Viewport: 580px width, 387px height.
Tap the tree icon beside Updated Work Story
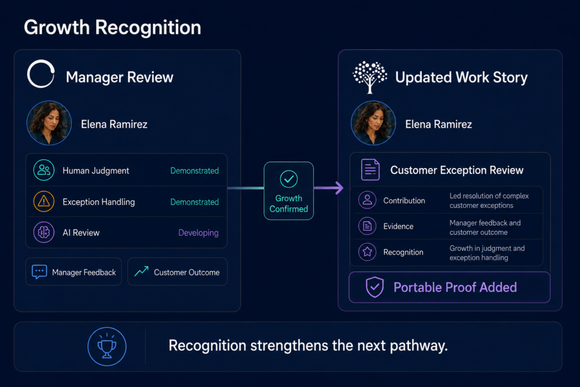369,77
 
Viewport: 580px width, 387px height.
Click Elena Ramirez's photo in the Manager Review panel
49,123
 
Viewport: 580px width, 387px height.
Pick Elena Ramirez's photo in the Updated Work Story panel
373,123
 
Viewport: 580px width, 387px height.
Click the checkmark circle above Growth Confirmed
288,179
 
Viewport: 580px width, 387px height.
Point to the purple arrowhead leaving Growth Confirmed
338,188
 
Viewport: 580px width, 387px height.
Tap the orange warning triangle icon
44,201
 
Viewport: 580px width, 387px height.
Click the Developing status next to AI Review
198,233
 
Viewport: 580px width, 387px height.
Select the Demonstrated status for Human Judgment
195,171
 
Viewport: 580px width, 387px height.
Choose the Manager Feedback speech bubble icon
39,272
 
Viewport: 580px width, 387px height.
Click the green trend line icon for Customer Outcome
141,271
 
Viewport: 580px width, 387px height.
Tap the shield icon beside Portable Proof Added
375,287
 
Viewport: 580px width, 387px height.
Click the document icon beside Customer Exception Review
370,169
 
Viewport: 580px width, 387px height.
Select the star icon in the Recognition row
367,252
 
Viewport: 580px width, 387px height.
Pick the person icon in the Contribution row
367,200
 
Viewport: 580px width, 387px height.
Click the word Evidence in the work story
398,227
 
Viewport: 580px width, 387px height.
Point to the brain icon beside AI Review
44,232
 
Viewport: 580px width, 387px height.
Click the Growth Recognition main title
113,27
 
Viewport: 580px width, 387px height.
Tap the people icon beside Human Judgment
44,170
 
